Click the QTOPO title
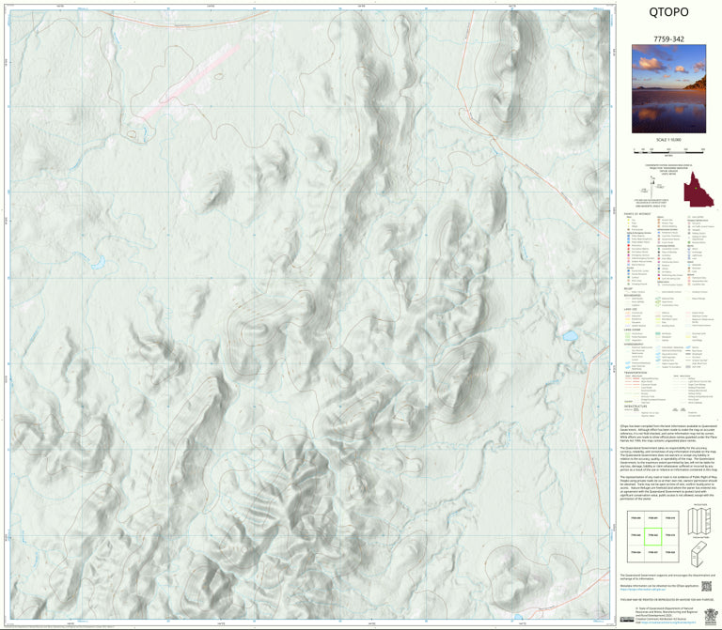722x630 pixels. click(x=668, y=12)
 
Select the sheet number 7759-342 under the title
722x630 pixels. click(x=668, y=37)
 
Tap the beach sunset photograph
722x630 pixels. click(x=668, y=88)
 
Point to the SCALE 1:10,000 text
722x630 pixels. click(x=668, y=138)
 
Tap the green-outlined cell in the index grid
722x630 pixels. click(x=651, y=535)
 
